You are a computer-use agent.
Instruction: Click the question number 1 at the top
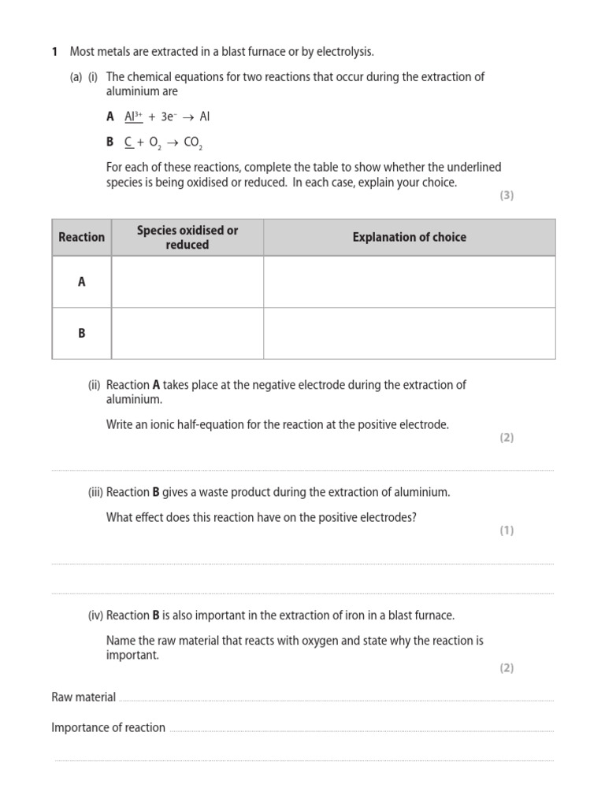(x=54, y=52)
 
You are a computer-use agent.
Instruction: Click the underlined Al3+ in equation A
(x=133, y=116)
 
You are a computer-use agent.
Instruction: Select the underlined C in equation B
(x=128, y=142)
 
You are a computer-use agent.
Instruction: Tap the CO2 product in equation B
(x=193, y=143)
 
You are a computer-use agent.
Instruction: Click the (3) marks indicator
(x=506, y=195)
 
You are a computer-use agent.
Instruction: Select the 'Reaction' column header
(x=81, y=237)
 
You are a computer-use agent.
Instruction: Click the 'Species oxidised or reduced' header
(x=187, y=237)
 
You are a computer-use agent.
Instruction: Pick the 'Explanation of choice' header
(x=409, y=237)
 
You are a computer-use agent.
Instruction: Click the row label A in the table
(x=81, y=281)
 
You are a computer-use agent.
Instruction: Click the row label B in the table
(x=81, y=333)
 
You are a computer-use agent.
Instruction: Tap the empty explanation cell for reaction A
(x=409, y=281)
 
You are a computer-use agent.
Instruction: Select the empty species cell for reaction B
(x=187, y=333)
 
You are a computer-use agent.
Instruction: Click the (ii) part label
(x=95, y=385)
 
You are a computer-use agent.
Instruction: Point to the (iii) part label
(x=95, y=492)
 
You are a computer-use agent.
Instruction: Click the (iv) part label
(x=95, y=615)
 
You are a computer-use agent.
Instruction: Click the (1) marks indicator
(x=506, y=531)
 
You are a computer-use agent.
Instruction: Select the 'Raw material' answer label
(x=84, y=697)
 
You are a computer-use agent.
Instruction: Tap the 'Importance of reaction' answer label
(x=108, y=727)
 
